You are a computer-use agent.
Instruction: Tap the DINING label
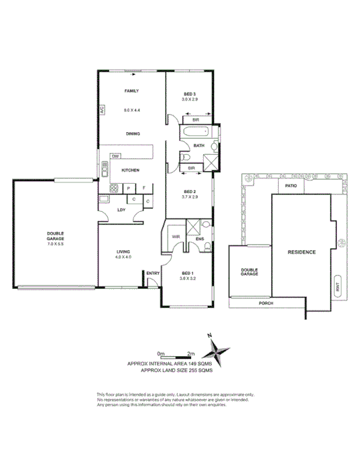131,133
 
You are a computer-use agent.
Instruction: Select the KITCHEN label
130,170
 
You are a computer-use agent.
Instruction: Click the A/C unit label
102,109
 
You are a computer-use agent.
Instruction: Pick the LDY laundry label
121,210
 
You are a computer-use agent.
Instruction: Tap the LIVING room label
121,251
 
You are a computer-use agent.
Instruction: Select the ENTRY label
152,273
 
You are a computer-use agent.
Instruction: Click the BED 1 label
188,273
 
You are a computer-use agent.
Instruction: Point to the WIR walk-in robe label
176,237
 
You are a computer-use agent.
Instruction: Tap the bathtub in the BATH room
195,133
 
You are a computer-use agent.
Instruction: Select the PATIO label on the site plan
291,186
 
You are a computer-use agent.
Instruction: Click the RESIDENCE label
301,252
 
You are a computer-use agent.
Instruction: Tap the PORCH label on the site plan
266,303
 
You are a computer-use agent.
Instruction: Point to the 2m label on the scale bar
191,353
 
